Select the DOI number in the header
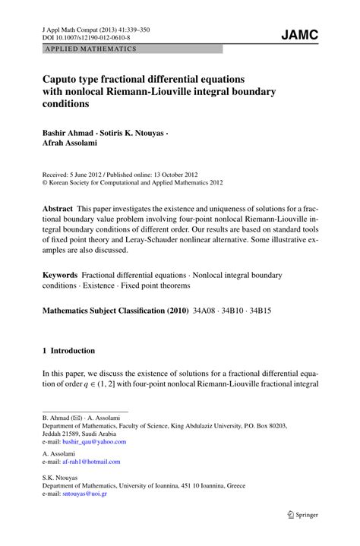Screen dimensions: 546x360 (x=90, y=36)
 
